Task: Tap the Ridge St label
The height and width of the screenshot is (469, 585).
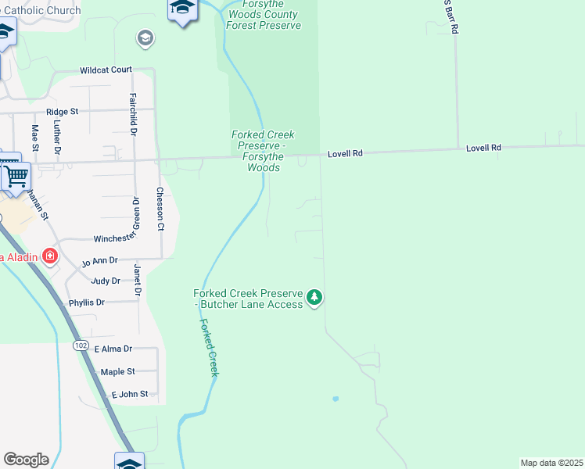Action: pos(63,112)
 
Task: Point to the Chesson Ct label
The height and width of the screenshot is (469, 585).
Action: pos(160,209)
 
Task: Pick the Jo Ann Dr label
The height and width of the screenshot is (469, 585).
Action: pos(99,260)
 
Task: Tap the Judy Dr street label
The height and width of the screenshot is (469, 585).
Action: pos(106,281)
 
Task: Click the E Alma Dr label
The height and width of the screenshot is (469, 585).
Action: pos(113,349)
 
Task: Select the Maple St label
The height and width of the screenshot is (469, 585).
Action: pos(117,371)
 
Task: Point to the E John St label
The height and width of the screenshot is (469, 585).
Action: pos(129,394)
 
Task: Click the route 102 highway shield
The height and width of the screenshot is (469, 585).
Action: pos(80,345)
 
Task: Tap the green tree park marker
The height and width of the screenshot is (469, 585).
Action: pos(314,297)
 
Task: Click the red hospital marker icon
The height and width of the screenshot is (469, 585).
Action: pos(50,256)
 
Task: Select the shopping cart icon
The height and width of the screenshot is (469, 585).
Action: pos(16,176)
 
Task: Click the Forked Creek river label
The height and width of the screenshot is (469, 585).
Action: pos(208,348)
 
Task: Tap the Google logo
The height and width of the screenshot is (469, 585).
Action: pos(26,460)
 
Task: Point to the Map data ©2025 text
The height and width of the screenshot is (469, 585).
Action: pos(551,463)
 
